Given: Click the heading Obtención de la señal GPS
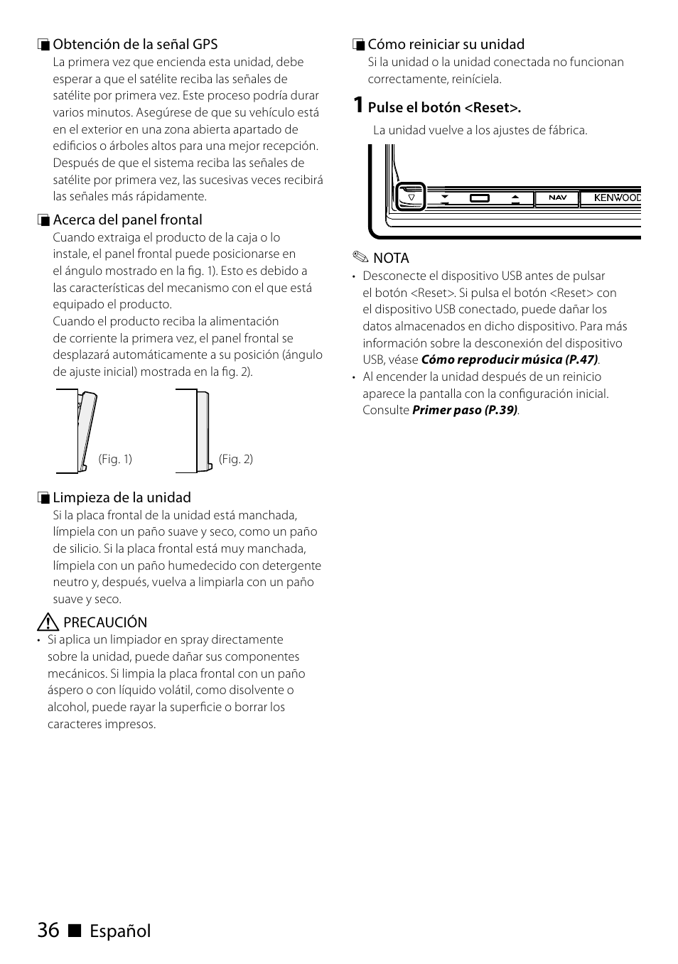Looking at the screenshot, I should pyautogui.click(x=135, y=44).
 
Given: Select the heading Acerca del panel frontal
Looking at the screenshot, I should pyautogui.click(x=127, y=220).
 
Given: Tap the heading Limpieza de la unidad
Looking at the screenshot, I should pyautogui.click(x=122, y=497).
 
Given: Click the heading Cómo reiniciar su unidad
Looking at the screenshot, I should pyautogui.click(x=446, y=44).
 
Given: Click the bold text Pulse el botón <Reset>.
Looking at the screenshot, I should pyautogui.click(x=444, y=107).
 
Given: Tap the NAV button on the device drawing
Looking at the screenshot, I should pyautogui.click(x=557, y=197).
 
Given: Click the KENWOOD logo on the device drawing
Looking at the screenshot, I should pyautogui.click(x=617, y=197).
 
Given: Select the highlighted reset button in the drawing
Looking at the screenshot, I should pyautogui.click(x=411, y=197).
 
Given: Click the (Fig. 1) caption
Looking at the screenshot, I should pyautogui.click(x=115, y=459).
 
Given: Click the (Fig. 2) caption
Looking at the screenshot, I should pyautogui.click(x=236, y=459).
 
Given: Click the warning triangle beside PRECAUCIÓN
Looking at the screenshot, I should pyautogui.click(x=48, y=623).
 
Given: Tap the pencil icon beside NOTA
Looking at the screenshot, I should pyautogui.click(x=360, y=258).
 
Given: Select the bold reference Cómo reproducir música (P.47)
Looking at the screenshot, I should pyautogui.click(x=509, y=359).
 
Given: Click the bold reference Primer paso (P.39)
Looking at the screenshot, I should pyautogui.click(x=465, y=410).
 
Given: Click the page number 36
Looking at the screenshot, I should pyautogui.click(x=48, y=930).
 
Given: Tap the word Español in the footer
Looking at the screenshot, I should pyautogui.click(x=120, y=931).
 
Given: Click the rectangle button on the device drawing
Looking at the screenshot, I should pyautogui.click(x=480, y=197).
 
